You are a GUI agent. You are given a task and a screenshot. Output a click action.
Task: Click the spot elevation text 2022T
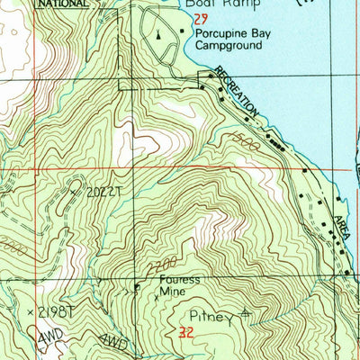(x=102, y=192)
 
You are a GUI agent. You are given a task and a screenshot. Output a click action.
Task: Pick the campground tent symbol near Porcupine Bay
(x=158, y=37)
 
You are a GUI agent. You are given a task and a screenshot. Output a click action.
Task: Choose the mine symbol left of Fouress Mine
(x=137, y=288)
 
